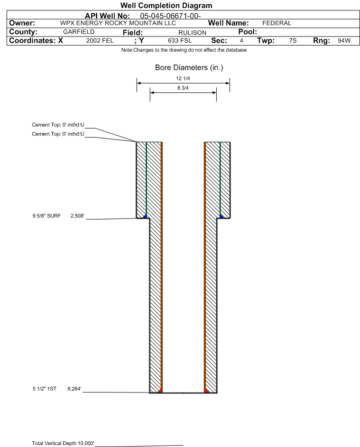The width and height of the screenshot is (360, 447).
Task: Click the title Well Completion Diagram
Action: click(166, 5)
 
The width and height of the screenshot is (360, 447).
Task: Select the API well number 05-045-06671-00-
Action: click(170, 16)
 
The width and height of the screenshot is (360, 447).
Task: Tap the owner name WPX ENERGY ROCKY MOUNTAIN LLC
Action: click(118, 23)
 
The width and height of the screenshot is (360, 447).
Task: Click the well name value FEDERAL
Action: click(277, 23)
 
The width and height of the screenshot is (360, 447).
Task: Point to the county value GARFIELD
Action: click(79, 32)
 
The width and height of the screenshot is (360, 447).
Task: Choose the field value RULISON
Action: click(192, 33)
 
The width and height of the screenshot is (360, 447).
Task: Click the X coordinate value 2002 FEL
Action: click(100, 40)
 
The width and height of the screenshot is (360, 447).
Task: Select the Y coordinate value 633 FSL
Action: click(180, 40)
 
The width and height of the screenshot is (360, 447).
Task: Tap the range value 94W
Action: click(344, 40)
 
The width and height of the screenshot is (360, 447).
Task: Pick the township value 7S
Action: click(293, 40)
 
